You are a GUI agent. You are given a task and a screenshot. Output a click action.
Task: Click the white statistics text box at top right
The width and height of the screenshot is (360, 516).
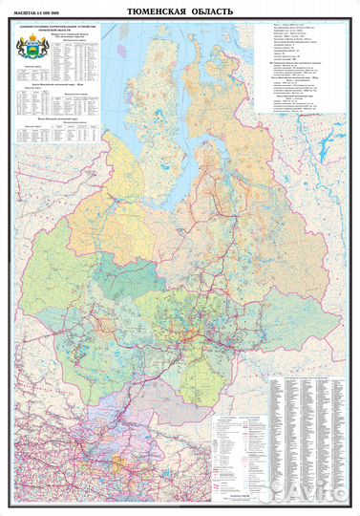click(296, 72)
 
